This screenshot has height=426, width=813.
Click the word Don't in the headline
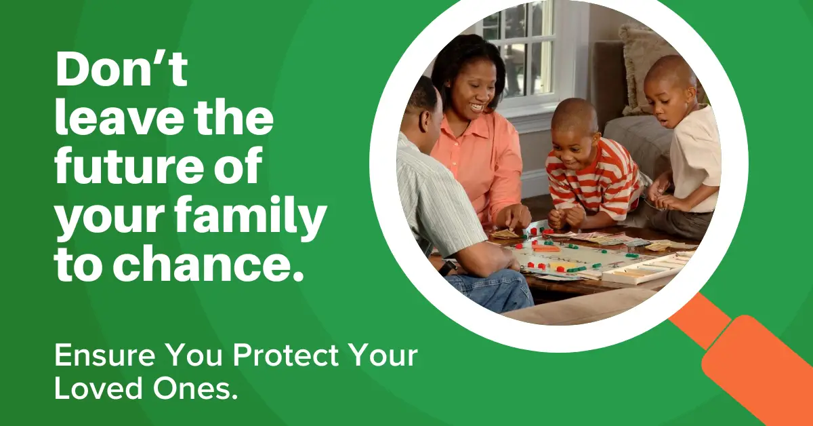[x=121, y=69]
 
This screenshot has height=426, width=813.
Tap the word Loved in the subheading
[x=99, y=388]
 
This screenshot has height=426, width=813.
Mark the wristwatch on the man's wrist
[x=448, y=268]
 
